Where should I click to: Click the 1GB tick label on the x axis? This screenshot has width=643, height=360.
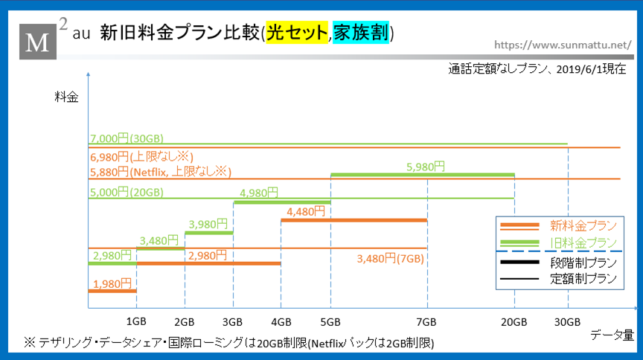point(136,321)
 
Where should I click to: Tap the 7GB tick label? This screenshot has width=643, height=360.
point(426,322)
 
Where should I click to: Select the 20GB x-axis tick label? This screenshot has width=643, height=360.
point(514,322)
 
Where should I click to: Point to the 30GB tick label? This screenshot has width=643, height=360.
point(567,322)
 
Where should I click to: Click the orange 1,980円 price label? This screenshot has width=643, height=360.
point(112,283)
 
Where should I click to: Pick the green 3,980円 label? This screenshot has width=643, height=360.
point(208,225)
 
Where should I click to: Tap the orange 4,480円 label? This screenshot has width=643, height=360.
point(306,211)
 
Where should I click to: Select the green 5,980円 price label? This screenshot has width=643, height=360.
point(426,167)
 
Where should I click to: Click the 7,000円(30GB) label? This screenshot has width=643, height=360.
point(127,138)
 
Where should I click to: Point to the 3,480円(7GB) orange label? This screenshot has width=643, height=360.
point(391,259)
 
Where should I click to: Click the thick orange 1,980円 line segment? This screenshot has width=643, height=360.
point(112,291)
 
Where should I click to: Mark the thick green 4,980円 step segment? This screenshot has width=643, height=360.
point(282,202)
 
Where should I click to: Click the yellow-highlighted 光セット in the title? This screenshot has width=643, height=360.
point(297,33)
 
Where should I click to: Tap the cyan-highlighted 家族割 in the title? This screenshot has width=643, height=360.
point(360,33)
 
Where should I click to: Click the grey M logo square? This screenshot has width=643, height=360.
point(38,42)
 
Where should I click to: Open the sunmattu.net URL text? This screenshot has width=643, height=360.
point(563,45)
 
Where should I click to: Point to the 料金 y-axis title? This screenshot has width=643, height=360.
point(66,97)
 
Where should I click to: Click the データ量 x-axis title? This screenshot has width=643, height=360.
point(612,335)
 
